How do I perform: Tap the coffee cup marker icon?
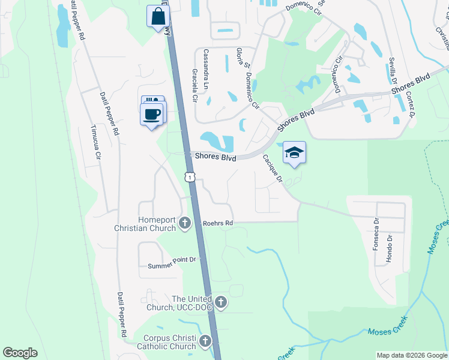point(152,113)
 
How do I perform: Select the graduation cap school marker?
point(295,152)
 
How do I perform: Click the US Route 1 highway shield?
point(190,176)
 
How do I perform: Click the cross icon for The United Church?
point(221,302)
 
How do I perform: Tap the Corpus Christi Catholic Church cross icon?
point(205,342)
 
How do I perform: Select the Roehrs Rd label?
point(217,223)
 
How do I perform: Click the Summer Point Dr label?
point(172,259)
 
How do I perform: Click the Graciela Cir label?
point(194,85)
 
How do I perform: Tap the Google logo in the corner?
point(20,353)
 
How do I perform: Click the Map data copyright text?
point(411,355)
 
